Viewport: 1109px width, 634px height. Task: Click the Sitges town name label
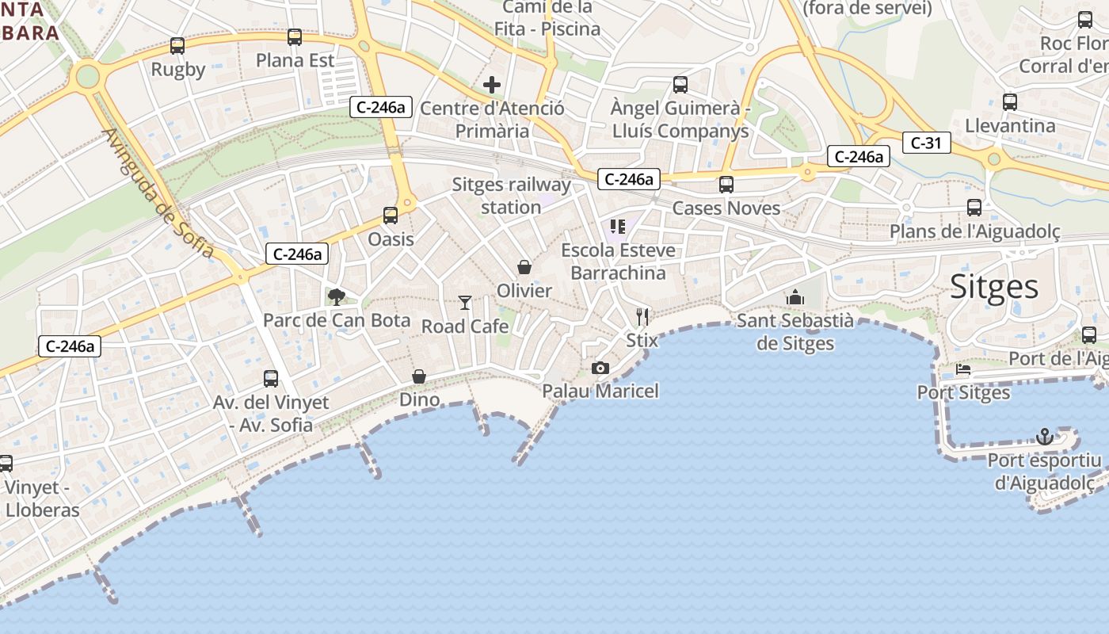(x=993, y=286)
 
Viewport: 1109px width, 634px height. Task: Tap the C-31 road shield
(x=926, y=143)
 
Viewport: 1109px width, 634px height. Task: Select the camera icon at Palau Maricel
(x=600, y=368)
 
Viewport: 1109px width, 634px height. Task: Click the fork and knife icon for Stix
(x=642, y=317)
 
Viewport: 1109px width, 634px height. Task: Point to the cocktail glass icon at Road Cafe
(x=465, y=303)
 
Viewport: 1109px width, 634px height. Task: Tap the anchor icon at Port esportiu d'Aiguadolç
(x=1045, y=437)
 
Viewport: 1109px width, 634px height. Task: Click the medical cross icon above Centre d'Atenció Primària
(x=492, y=85)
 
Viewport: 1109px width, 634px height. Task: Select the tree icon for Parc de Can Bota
(x=337, y=297)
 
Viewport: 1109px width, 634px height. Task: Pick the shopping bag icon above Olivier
(x=524, y=267)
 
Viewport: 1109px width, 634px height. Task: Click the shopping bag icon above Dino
(x=419, y=376)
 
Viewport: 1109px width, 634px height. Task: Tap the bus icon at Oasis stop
(x=391, y=216)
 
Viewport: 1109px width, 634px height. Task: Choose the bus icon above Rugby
(x=177, y=46)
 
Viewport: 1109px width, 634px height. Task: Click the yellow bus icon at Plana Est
(x=295, y=36)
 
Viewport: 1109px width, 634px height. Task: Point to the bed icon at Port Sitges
(x=963, y=369)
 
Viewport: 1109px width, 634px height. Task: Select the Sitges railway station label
(x=512, y=196)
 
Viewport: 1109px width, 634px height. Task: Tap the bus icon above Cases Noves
(x=726, y=185)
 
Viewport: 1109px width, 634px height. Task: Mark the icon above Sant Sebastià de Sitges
(x=795, y=297)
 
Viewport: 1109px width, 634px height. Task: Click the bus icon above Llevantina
(x=1010, y=102)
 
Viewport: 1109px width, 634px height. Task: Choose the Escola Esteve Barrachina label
(x=619, y=262)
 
